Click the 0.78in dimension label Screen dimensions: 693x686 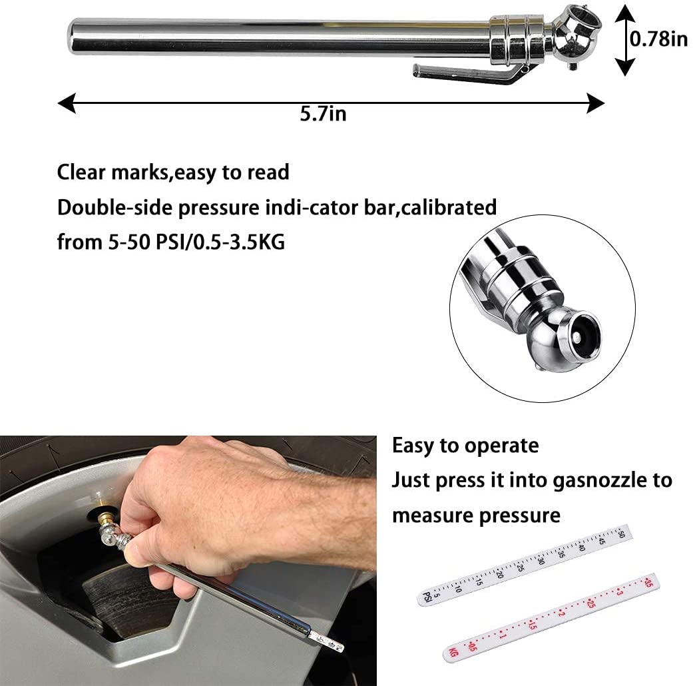coord(658,39)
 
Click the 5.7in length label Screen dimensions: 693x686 coord(323,114)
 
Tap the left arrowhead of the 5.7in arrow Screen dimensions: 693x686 coord(67,103)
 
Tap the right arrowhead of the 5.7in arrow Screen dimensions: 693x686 coord(595,103)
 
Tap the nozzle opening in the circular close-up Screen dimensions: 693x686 coord(578,336)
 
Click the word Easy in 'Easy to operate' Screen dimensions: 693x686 coord(413,446)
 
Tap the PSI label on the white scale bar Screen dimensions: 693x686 coord(427,597)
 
